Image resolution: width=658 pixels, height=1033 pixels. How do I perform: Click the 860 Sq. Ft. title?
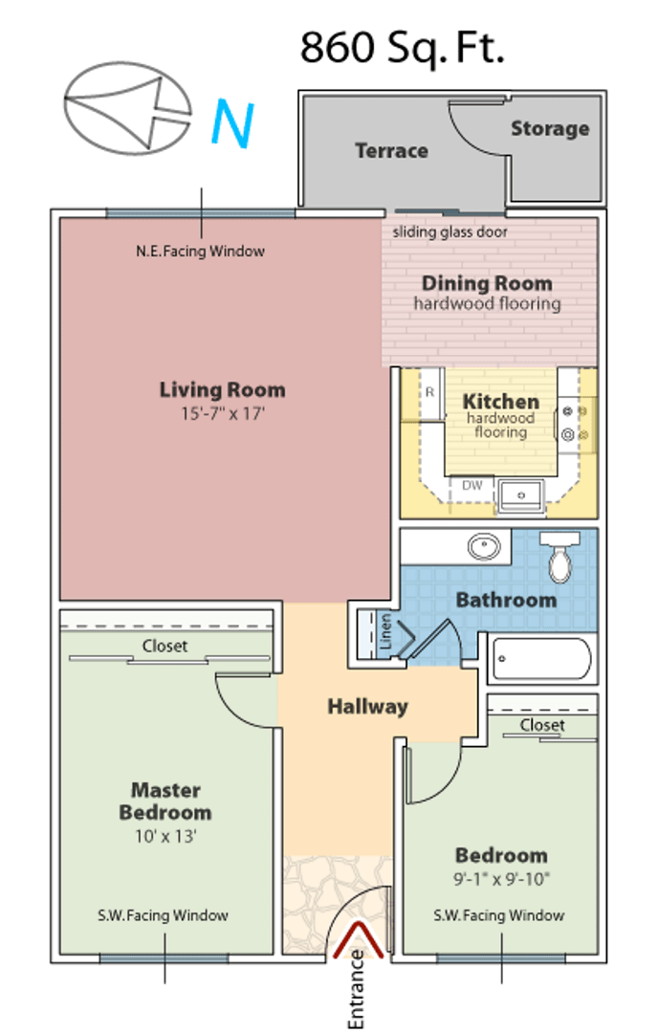402,48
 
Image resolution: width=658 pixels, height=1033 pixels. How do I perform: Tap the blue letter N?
232,123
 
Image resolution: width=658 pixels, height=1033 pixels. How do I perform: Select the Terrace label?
392,151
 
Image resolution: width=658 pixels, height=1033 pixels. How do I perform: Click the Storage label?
550,128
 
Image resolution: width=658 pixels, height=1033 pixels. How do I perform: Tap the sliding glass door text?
450,231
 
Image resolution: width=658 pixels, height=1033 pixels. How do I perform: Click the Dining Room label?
487,283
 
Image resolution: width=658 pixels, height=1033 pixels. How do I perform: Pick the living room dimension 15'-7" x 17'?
223,414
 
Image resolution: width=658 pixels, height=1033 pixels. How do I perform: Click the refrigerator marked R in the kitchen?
430,393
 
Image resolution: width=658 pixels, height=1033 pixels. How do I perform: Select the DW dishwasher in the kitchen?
472,486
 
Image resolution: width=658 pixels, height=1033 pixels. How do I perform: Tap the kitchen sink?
520,495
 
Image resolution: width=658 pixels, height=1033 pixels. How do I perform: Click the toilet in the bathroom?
559,557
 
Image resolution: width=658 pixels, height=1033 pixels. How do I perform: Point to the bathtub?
541,658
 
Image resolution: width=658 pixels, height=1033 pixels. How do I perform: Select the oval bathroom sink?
484,546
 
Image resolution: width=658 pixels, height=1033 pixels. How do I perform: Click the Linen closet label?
386,632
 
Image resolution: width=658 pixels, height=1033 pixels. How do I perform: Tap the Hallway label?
367,707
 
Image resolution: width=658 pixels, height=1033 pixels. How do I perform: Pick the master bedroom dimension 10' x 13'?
166,836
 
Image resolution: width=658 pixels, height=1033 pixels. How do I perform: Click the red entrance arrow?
359,939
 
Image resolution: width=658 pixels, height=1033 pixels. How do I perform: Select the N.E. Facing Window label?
200,251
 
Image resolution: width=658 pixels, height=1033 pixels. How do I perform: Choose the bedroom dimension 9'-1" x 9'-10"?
501,879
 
